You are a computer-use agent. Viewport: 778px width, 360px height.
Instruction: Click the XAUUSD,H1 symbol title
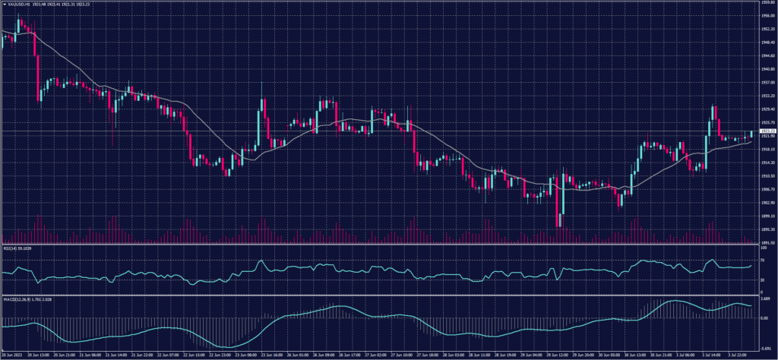pos(17,4)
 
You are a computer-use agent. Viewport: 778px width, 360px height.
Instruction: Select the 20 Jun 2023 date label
pos(11,355)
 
